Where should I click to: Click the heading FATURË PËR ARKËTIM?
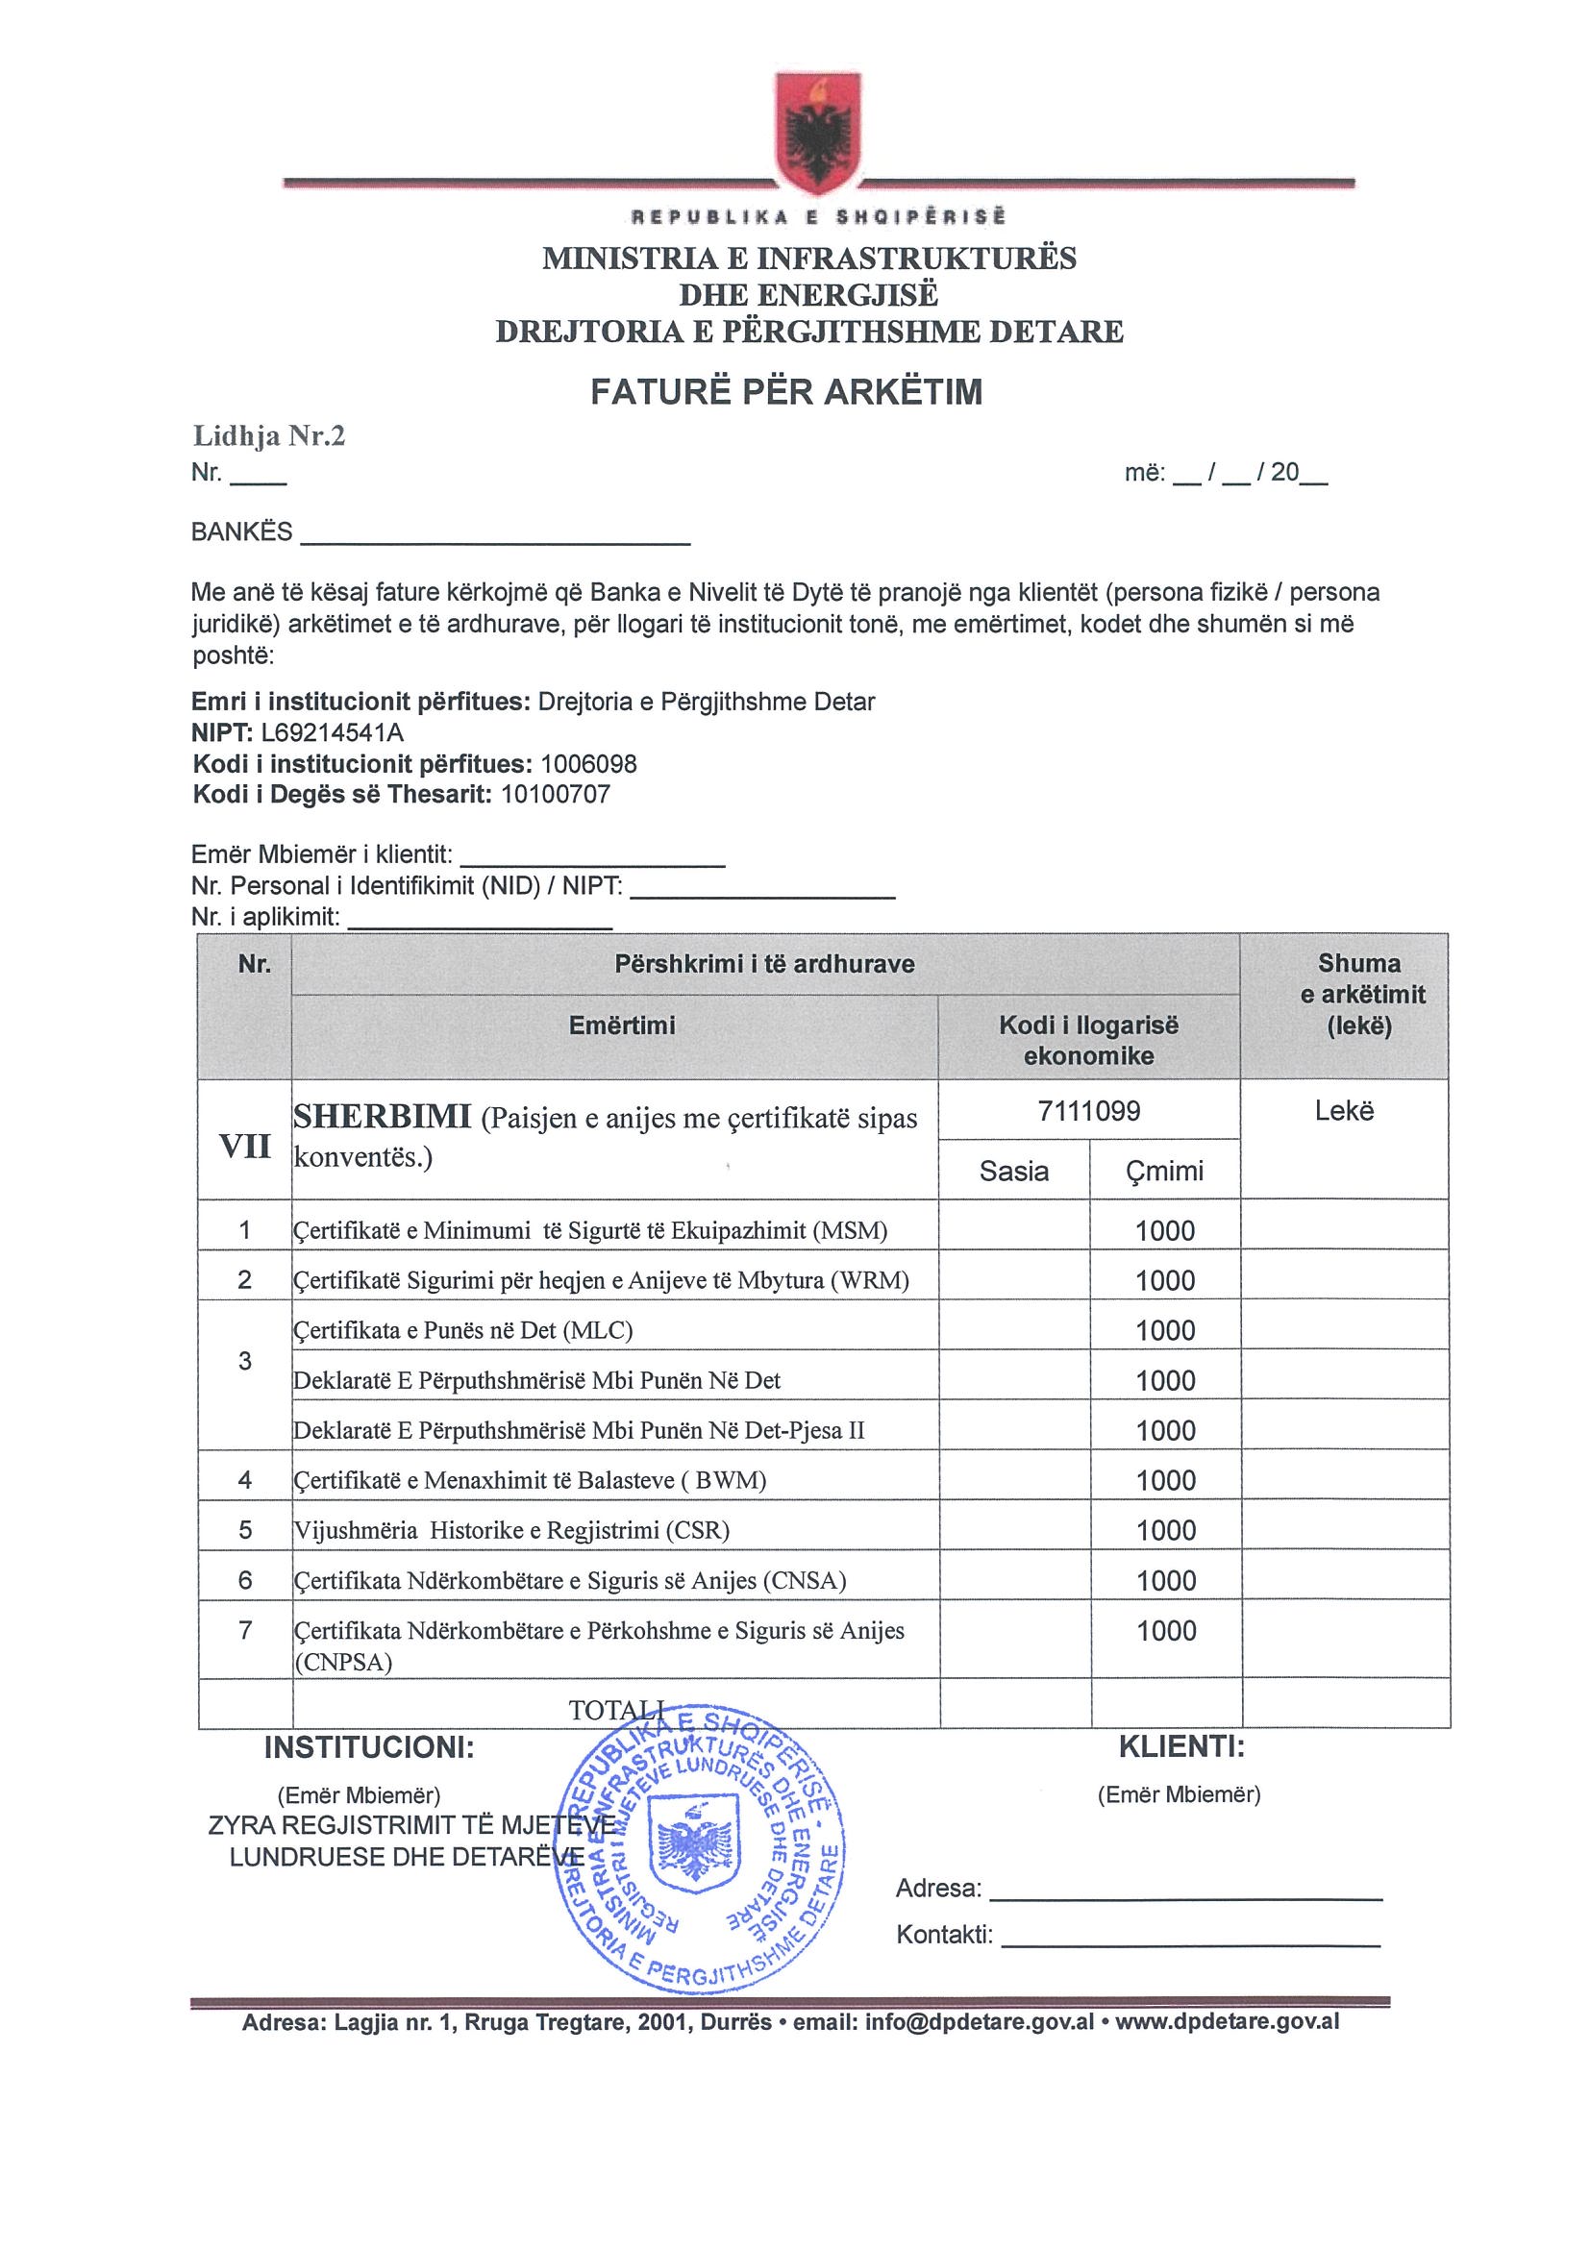click(785, 392)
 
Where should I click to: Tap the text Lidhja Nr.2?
click(268, 436)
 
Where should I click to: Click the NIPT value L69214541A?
click(332, 732)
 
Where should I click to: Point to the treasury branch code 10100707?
click(556, 795)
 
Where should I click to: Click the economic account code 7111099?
click(1088, 1111)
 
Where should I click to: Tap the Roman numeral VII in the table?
click(245, 1146)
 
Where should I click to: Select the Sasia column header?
click(1014, 1172)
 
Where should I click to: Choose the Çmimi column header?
click(1165, 1172)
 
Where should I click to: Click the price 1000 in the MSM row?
click(1165, 1231)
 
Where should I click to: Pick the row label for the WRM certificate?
click(602, 1280)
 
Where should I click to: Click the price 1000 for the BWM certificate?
click(1166, 1480)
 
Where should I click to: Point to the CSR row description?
click(511, 1530)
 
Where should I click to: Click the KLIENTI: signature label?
click(1180, 1746)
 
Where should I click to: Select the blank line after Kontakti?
click(1189, 1937)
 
